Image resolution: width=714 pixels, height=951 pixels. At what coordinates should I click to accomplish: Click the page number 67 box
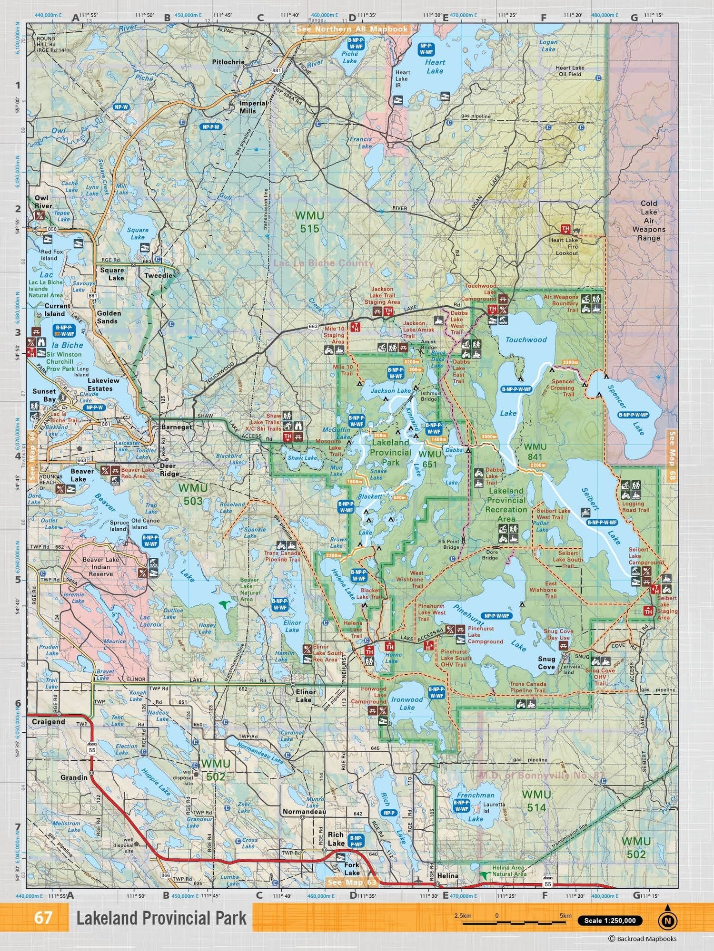point(43,917)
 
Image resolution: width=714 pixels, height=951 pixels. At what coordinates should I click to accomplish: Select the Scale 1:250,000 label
point(610,921)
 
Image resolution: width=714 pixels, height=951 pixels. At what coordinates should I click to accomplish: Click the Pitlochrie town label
point(228,62)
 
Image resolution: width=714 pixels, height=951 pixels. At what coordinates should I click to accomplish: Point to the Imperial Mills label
point(253,107)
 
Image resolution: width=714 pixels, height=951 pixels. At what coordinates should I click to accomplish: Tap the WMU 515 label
point(309,222)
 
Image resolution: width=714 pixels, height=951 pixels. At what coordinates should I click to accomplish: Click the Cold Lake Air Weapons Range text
point(649,221)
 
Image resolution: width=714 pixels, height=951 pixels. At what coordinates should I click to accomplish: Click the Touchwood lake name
point(526,340)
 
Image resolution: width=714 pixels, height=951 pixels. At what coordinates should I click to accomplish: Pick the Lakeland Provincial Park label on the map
point(390,452)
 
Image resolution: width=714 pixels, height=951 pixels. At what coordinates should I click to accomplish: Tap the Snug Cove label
point(546,663)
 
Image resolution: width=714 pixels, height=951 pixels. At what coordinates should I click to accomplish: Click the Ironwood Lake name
point(407,703)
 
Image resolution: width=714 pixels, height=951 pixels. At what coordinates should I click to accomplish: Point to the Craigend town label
point(48,722)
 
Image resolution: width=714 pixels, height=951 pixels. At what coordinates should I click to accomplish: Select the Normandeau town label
point(304,811)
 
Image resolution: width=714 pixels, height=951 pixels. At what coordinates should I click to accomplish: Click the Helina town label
point(447,875)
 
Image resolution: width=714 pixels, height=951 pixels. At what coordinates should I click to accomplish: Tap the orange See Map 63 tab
point(352,883)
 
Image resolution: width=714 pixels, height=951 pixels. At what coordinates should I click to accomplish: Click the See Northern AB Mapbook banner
point(352,29)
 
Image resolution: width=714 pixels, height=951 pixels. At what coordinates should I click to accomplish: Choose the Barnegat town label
point(177,427)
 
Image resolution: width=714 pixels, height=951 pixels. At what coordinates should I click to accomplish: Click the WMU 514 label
point(536,801)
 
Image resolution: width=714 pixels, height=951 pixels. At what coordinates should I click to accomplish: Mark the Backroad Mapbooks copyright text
point(642,939)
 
